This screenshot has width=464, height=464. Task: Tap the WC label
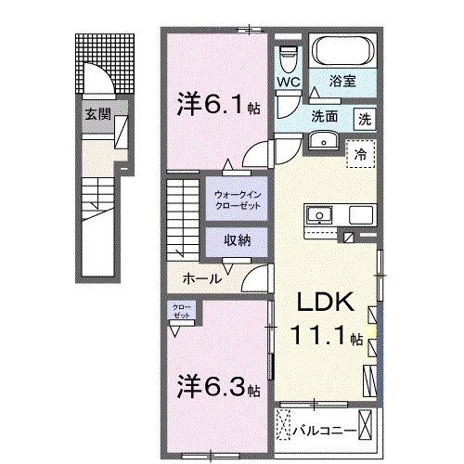pyautogui.click(x=289, y=80)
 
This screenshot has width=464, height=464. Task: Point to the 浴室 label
pyautogui.click(x=343, y=82)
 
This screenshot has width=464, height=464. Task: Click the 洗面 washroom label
pyautogui.click(x=324, y=117)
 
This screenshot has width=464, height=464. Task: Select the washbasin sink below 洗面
pyautogui.click(x=322, y=140)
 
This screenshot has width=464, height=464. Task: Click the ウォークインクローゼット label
pyautogui.click(x=238, y=200)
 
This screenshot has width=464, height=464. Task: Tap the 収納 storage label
pyautogui.click(x=237, y=239)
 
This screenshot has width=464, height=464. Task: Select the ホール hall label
pyautogui.click(x=201, y=277)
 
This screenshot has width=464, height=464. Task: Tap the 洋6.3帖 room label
pyautogui.click(x=219, y=385)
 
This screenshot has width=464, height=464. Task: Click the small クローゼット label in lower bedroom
pyautogui.click(x=181, y=310)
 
